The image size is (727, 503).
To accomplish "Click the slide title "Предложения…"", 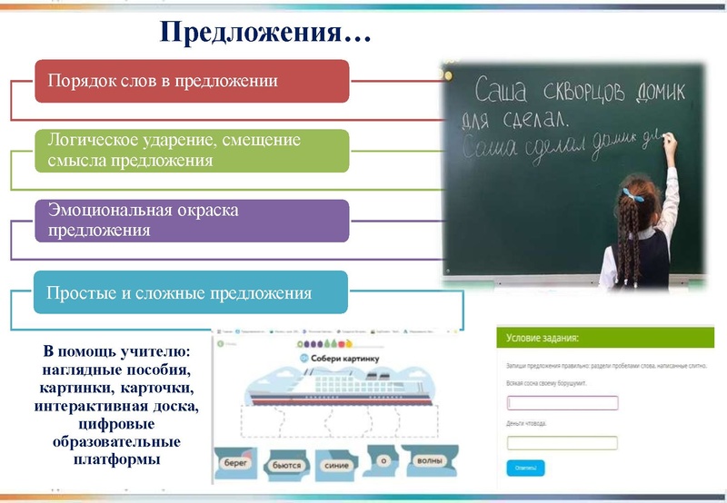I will click(266, 34).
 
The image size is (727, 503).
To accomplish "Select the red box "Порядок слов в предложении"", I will click(192, 81).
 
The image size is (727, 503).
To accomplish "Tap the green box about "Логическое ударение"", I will click(192, 151).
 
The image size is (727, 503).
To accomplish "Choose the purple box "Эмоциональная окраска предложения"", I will click(192, 220).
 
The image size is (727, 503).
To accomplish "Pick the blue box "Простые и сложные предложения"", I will click(192, 293).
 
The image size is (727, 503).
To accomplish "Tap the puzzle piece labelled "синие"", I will click(335, 464).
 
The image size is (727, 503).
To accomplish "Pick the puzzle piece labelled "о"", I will click(384, 462).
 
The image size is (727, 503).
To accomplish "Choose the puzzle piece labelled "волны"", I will click(430, 461).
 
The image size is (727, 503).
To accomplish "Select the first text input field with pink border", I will click(563, 403).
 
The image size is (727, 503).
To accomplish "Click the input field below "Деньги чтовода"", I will click(563, 443).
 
